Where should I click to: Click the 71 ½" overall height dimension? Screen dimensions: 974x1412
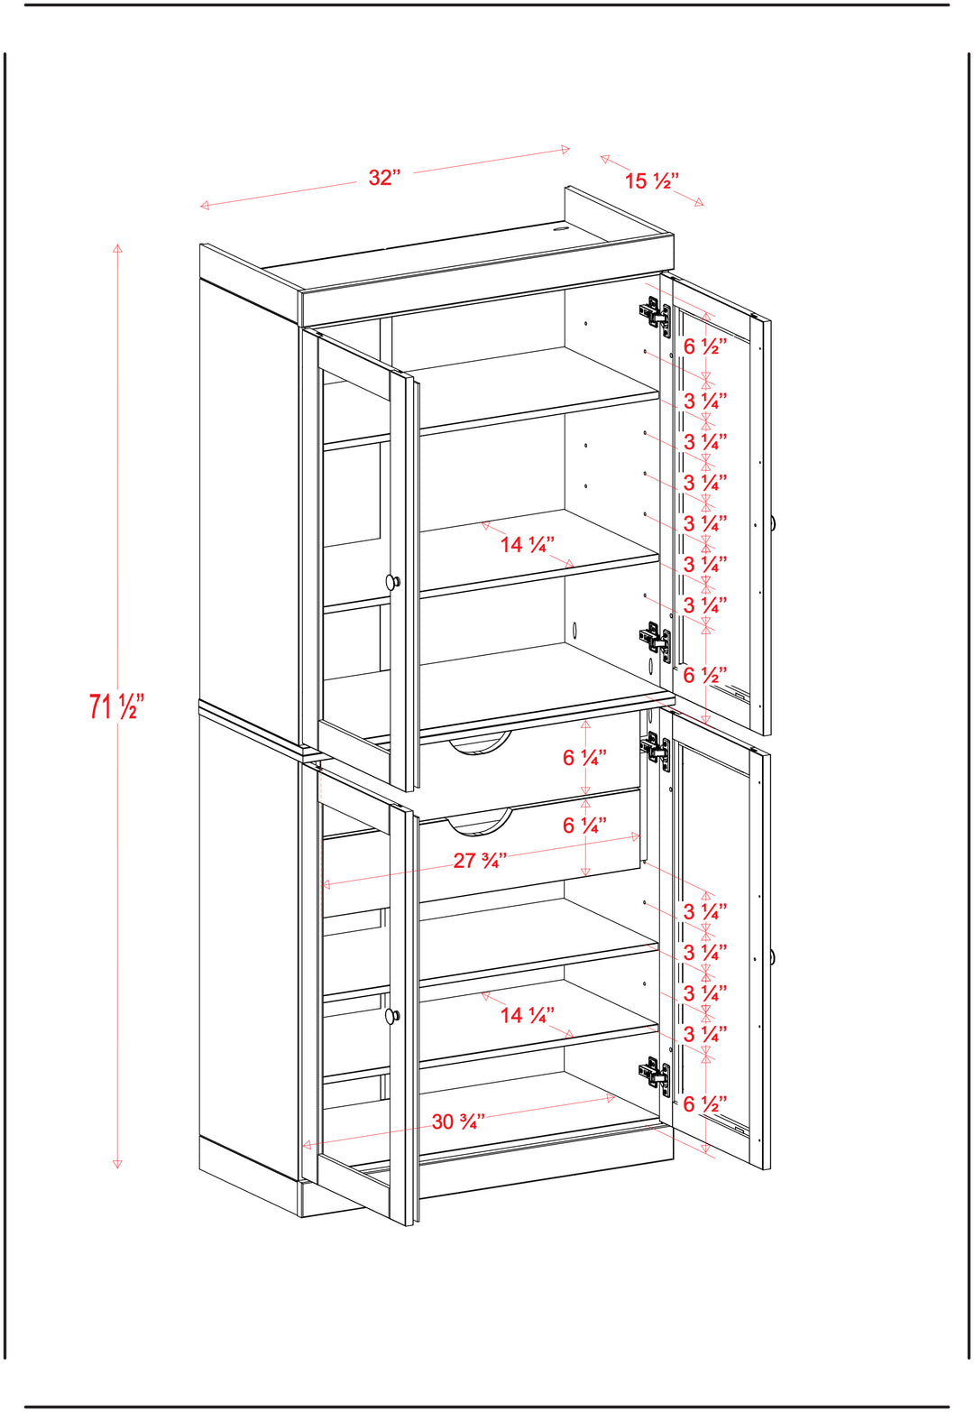coord(116,706)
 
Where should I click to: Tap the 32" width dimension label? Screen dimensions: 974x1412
coord(384,178)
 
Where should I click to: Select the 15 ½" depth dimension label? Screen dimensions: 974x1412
coord(651,181)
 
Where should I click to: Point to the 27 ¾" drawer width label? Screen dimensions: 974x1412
coord(480,861)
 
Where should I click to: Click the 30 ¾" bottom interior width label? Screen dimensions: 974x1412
coord(458,1121)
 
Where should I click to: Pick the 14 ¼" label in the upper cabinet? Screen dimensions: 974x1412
coord(528,544)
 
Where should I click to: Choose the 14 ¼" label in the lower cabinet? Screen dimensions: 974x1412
coord(528,1015)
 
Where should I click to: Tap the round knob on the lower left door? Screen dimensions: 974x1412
coord(393,1015)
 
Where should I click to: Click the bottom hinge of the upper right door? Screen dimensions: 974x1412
coord(656,641)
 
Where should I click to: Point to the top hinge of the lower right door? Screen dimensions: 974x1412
coord(656,748)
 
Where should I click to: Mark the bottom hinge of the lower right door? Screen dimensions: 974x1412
coord(656,1075)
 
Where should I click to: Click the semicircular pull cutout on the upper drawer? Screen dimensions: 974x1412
coord(480,744)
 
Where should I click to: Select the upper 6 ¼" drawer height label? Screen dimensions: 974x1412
coord(584,757)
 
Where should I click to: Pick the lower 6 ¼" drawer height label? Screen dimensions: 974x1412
coord(584,825)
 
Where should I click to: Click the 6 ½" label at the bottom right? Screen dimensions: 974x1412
coord(705,1103)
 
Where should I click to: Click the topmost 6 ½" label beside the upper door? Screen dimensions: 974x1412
coord(705,346)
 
